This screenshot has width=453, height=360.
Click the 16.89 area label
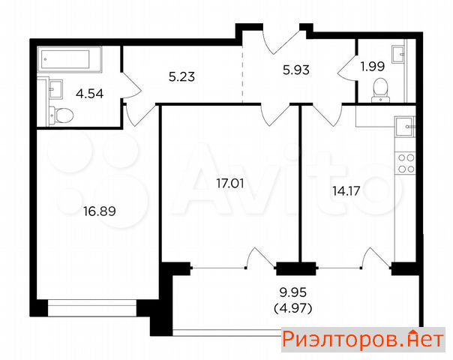tap(100, 211)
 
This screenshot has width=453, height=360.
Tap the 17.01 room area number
tap(230, 184)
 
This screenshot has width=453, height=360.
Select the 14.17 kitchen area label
tap(346, 191)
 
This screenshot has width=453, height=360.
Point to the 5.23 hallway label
tap(181, 76)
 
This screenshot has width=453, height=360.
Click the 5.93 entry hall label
tap(296, 70)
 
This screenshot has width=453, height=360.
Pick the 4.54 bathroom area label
tap(89, 94)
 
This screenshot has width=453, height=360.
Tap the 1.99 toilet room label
tap(373, 67)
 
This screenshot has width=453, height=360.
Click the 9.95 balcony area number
tap(293, 292)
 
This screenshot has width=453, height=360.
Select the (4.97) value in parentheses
tap(293, 309)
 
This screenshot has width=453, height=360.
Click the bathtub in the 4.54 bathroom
tap(70, 59)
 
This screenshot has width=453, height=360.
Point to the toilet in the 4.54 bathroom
tap(61, 115)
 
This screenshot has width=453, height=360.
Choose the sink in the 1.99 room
tap(399, 54)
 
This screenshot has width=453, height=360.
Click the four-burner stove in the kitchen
tap(406, 163)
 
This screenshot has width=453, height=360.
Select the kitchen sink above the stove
tap(405, 126)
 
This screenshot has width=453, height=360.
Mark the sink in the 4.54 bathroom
tap(55, 89)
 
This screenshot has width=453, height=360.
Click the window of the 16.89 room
tap(92, 308)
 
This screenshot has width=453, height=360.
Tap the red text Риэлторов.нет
tap(363, 340)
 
